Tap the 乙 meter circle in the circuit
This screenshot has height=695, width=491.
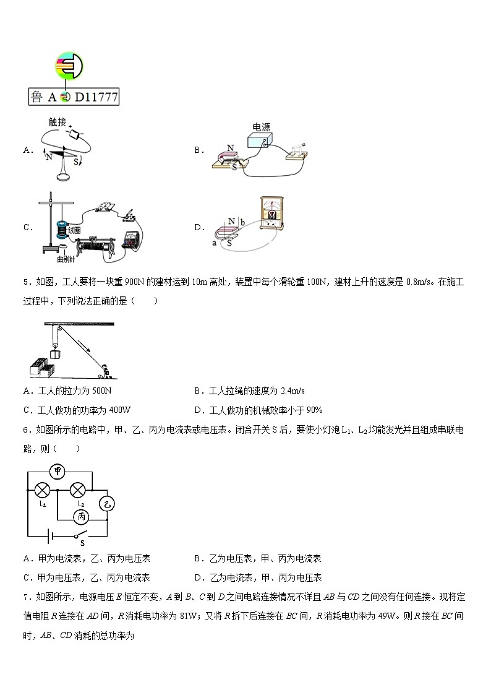pyautogui.click(x=107, y=504)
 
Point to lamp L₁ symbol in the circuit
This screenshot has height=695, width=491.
pyautogui.click(x=42, y=490)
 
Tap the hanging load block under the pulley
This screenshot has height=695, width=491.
pyautogui.click(x=56, y=355)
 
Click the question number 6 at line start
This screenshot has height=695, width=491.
pyautogui.click(x=27, y=430)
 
